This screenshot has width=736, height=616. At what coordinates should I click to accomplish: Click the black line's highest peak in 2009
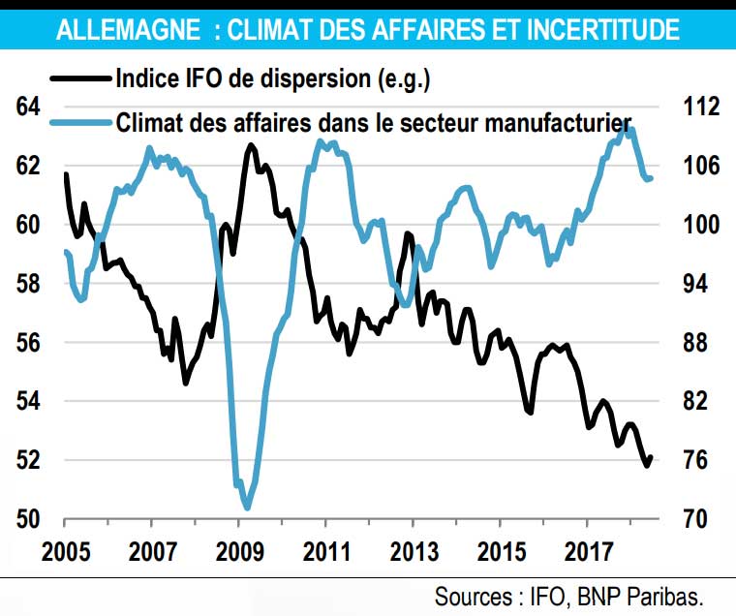(251, 145)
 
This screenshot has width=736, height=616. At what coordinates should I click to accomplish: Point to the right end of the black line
(651, 457)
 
